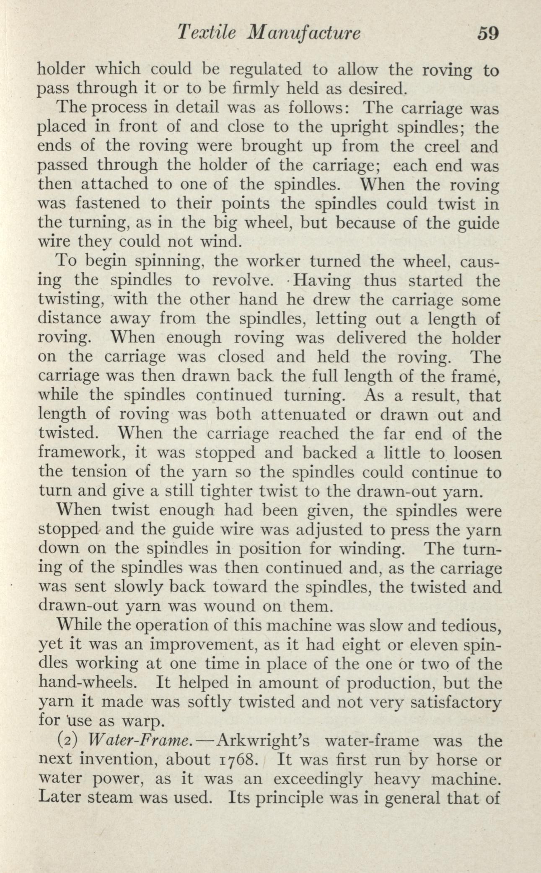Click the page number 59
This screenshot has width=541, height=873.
tap(487, 33)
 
